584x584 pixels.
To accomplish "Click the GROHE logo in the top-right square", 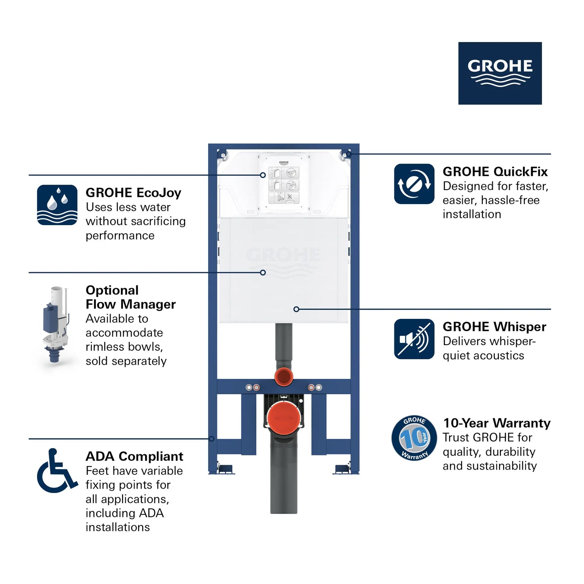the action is click(x=500, y=73).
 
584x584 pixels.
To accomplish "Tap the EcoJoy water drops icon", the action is click(x=57, y=205).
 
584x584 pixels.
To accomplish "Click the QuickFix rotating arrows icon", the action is click(x=414, y=184).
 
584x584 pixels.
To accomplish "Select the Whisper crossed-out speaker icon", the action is click(x=414, y=339).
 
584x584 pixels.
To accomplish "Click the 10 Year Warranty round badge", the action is click(x=414, y=438).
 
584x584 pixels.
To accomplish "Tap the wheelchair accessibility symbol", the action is click(x=57, y=470).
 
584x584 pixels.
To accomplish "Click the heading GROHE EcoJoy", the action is click(x=133, y=193).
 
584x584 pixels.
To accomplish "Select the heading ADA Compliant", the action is click(x=134, y=456).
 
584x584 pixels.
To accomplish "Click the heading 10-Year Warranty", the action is click(x=497, y=423).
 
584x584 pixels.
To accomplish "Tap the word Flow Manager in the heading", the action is click(x=131, y=304).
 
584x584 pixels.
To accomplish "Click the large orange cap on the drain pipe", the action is click(x=284, y=419).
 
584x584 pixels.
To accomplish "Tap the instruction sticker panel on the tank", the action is click(x=284, y=185).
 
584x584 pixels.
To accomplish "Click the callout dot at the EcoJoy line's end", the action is click(x=263, y=175).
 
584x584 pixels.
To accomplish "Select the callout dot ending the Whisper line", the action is click(x=296, y=309).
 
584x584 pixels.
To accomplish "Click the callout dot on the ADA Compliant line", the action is click(x=211, y=439).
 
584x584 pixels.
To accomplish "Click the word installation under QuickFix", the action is click(x=472, y=214).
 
